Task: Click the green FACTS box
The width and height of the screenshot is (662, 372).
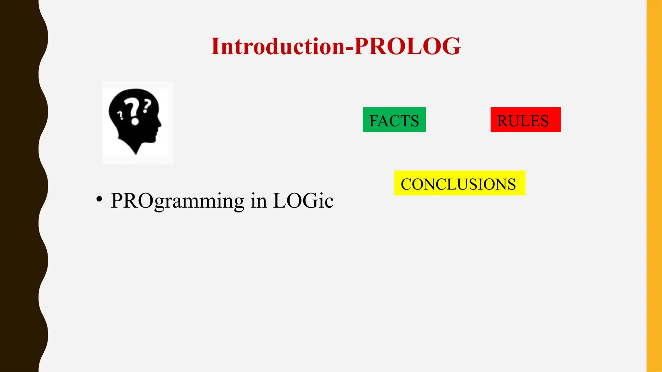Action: (x=394, y=120)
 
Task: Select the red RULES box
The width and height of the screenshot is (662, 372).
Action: (x=525, y=120)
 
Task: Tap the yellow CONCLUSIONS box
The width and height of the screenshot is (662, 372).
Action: (x=459, y=183)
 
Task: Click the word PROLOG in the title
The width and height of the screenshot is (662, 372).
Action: (x=407, y=46)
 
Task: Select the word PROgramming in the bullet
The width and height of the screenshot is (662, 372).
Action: (x=177, y=201)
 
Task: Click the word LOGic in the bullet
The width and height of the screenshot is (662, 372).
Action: (x=303, y=201)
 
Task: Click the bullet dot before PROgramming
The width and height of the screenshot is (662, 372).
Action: (x=99, y=199)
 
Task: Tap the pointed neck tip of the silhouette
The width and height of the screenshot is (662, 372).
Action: (x=136, y=153)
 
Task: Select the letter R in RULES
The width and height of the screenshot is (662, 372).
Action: (x=503, y=121)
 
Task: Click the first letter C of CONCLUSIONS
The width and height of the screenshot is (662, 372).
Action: (x=406, y=184)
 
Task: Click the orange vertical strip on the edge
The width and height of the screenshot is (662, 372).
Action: (x=654, y=186)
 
